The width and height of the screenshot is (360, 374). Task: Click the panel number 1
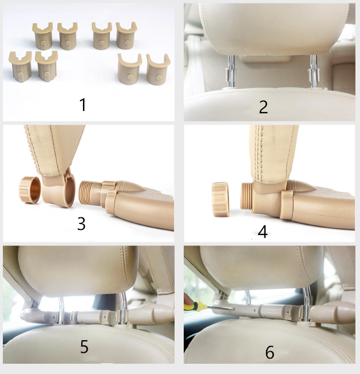click(x=82, y=105)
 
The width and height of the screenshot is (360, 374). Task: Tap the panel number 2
click(x=263, y=107)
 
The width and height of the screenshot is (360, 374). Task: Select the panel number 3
click(x=81, y=224)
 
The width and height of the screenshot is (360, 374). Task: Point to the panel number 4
click(x=263, y=232)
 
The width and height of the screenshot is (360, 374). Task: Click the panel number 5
click(x=84, y=347)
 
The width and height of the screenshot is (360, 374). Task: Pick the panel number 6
click(x=270, y=352)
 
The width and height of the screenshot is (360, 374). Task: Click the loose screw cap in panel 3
click(x=30, y=190)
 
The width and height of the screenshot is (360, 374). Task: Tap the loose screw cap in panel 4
click(x=220, y=199)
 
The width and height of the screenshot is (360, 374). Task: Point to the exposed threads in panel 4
click(x=247, y=196)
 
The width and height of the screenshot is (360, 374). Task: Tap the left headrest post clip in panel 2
click(x=230, y=74)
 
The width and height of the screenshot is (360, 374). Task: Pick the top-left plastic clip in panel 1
click(x=43, y=36)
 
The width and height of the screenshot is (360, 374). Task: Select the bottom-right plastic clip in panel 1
click(x=159, y=70)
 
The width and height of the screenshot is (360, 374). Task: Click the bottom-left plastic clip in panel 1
click(x=20, y=67)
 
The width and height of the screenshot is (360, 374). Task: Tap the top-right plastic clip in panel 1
click(x=126, y=35)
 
